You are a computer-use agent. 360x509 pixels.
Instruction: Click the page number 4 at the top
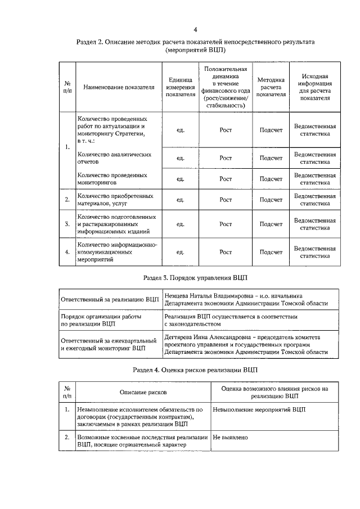pyautogui.click(x=195, y=30)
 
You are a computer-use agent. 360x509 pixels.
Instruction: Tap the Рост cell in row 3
pyautogui.click(x=226, y=224)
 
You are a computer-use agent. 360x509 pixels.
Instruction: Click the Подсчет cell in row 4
pyautogui.click(x=271, y=252)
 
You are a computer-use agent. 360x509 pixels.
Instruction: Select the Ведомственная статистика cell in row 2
pyautogui.click(x=315, y=200)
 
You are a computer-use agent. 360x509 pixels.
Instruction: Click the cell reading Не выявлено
pyautogui.click(x=230, y=437)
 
